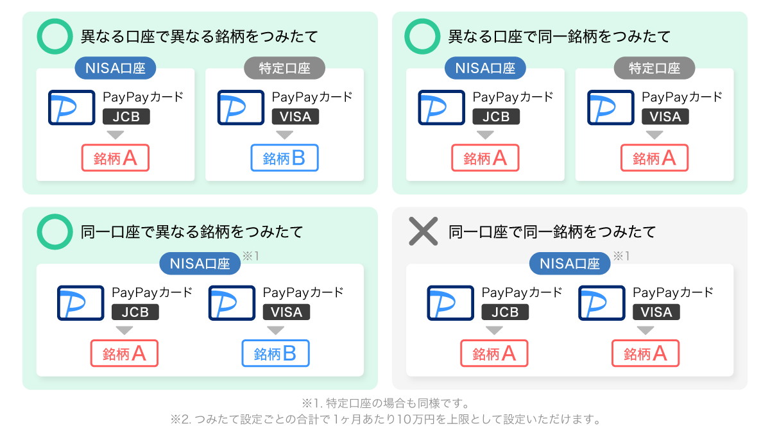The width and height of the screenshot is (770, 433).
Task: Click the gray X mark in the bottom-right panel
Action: [x=423, y=232]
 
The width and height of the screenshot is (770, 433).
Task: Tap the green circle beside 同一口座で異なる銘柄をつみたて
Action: [x=39, y=232]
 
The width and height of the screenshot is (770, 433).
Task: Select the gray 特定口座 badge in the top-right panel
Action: [x=654, y=68]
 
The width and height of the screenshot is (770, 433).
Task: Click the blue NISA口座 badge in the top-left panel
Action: [x=115, y=68]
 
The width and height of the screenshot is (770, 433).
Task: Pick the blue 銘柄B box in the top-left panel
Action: [x=285, y=158]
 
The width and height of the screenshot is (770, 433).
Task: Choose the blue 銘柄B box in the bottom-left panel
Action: [x=276, y=353]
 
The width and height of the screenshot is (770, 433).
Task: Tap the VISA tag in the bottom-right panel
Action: [x=656, y=312]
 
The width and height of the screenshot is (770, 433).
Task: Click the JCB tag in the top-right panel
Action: [x=496, y=117]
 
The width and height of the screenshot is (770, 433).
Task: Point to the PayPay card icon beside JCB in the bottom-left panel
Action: [x=80, y=303]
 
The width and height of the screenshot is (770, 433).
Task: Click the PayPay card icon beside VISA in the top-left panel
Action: [x=241, y=107]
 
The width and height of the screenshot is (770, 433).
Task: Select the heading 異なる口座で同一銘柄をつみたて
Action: [x=560, y=37]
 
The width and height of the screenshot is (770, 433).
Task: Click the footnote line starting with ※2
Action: [x=386, y=420]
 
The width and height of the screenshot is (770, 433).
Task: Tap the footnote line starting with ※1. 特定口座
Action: [x=386, y=403]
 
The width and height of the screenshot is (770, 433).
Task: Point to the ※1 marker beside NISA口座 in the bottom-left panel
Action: [x=251, y=256]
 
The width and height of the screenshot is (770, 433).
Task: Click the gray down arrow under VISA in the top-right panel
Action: [x=654, y=135]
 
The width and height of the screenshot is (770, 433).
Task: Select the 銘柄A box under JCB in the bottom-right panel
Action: [x=494, y=353]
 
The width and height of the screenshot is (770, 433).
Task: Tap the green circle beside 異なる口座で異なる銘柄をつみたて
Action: [x=39, y=37]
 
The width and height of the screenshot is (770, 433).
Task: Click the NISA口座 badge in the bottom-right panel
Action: [x=570, y=264]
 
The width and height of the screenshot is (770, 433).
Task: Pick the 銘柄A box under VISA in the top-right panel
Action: [x=654, y=158]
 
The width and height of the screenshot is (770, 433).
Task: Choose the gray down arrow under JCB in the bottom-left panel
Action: [x=124, y=330]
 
